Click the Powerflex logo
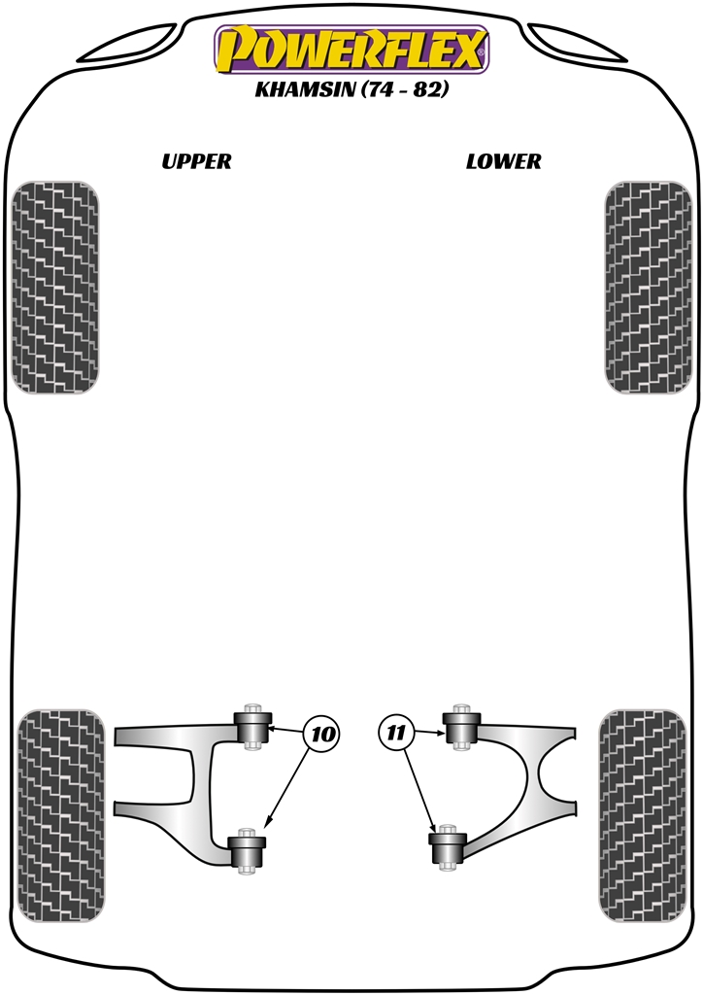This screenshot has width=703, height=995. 351,50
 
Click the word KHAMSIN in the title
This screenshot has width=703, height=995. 305,89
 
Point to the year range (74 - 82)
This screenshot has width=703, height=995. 405,89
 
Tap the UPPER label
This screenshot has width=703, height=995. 196,161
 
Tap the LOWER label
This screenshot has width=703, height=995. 503,161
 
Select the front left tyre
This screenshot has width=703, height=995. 55,287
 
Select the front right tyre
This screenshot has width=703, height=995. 648,287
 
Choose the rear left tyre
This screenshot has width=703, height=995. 60,815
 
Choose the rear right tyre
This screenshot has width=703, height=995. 642,815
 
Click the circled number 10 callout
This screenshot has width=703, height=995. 322,734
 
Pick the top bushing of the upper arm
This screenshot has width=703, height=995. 252,727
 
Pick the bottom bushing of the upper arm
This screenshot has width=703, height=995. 247,850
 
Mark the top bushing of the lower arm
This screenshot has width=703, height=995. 460,727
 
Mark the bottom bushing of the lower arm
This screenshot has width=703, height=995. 448,846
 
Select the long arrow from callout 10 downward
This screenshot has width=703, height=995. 286,789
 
